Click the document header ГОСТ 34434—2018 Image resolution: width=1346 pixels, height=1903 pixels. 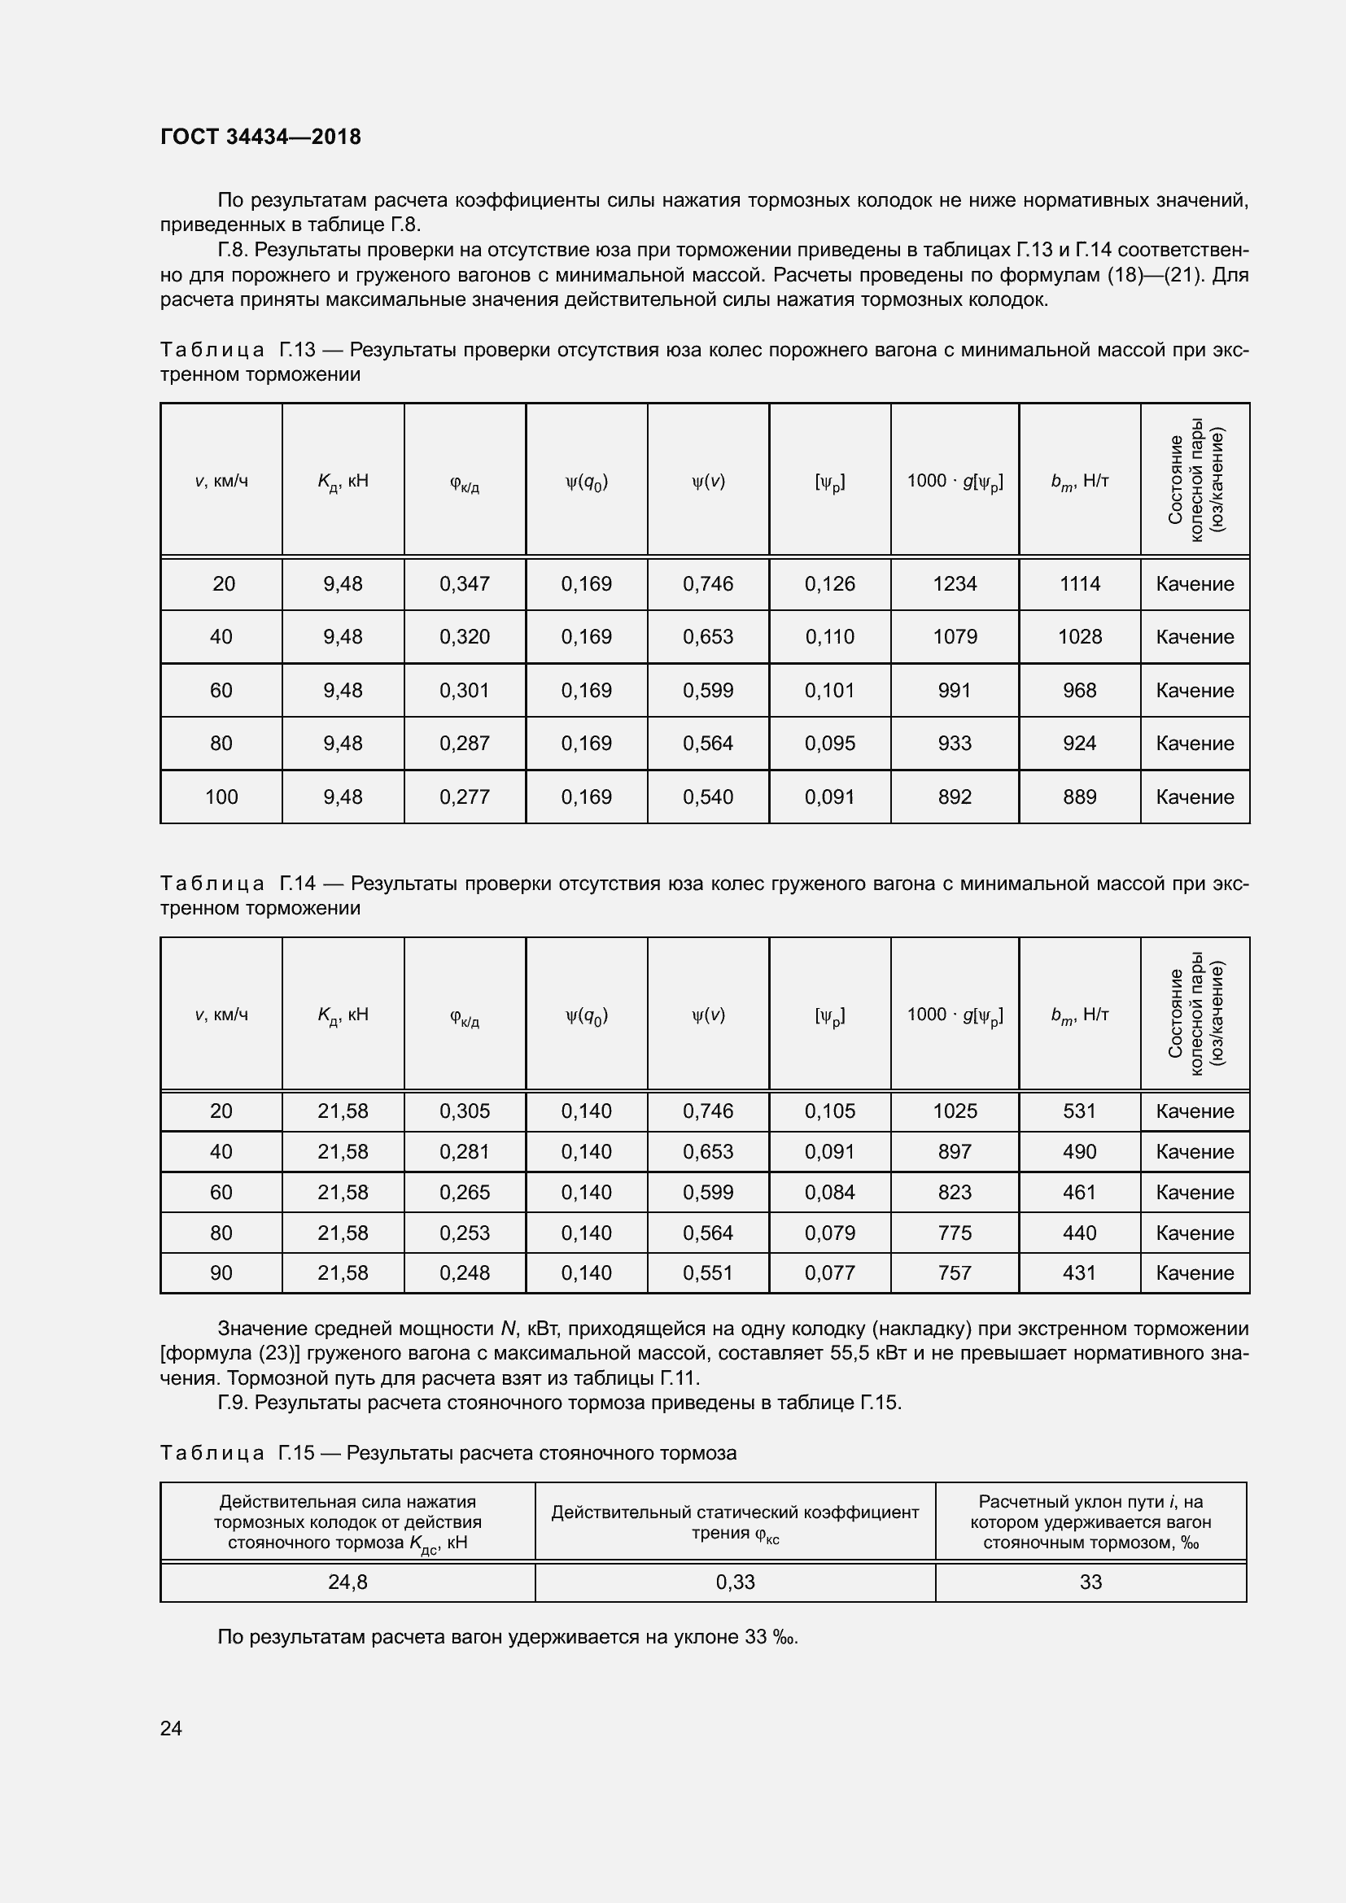tap(260, 137)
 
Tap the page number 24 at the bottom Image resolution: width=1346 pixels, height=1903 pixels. tap(171, 1728)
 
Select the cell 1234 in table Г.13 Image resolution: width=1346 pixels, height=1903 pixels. tap(954, 584)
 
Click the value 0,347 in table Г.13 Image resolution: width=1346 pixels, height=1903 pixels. tap(464, 584)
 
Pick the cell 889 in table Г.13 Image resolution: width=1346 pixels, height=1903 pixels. tap(1079, 797)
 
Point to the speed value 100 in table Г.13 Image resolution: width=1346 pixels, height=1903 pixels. tap(221, 797)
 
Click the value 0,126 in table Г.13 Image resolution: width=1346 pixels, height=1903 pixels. tap(829, 584)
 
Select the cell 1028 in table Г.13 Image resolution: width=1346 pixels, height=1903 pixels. tap(1079, 637)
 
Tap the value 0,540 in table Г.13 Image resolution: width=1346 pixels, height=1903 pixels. tap(708, 797)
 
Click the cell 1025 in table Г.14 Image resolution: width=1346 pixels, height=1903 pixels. tap(954, 1111)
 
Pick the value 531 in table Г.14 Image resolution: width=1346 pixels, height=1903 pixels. tap(1079, 1111)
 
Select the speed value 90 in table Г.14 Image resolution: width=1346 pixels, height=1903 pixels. tap(221, 1273)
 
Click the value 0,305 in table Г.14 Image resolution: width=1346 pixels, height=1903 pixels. tap(464, 1111)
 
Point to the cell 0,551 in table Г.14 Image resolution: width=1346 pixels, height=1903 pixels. tap(708, 1273)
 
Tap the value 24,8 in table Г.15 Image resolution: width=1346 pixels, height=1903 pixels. tap(347, 1582)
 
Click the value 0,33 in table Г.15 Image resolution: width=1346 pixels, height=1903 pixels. tap(735, 1582)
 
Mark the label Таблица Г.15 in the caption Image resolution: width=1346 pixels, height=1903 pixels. tap(237, 1453)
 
